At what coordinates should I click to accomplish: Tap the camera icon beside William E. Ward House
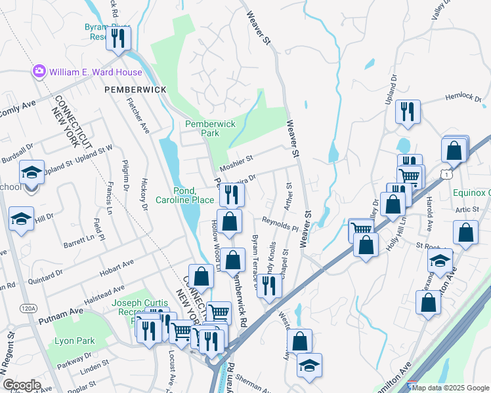(x=39, y=71)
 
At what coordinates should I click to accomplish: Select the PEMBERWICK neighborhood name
(x=135, y=89)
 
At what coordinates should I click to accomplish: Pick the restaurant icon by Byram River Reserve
(x=118, y=37)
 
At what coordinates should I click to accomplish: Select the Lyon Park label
(x=75, y=341)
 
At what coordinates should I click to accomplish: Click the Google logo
(x=22, y=385)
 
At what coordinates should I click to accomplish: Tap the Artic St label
(x=469, y=208)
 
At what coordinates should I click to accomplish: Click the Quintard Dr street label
(x=46, y=274)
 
